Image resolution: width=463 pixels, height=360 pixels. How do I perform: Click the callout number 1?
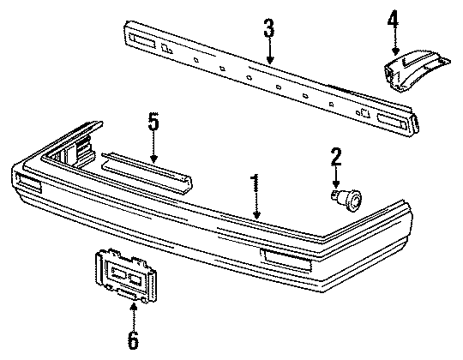coord(255,183)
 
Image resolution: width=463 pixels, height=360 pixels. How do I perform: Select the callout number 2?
coord(335,156)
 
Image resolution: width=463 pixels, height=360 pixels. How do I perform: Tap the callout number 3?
coord(269,31)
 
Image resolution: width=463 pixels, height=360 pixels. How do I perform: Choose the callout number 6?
coord(132,339)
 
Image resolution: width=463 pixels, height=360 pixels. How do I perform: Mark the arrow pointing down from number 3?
coord(269,53)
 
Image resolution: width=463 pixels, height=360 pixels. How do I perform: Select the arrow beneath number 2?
coord(335,177)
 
